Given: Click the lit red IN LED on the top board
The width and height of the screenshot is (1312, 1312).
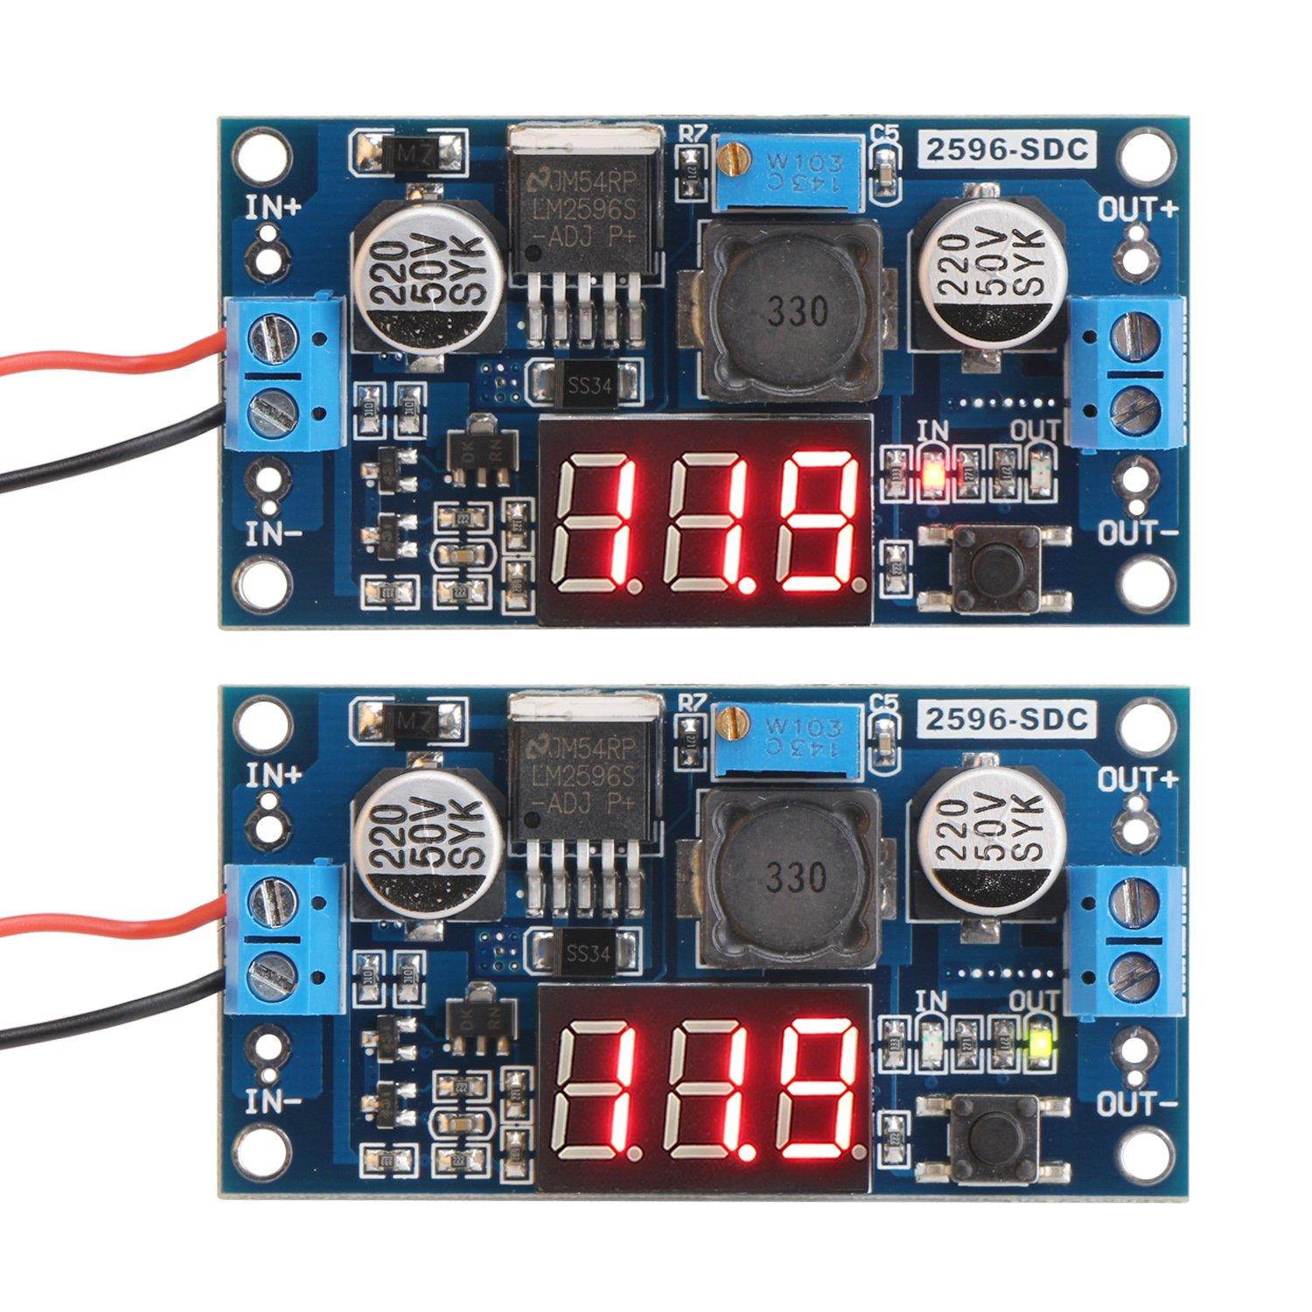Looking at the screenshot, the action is (935, 473).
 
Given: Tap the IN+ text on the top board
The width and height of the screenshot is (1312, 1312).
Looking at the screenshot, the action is (274, 208).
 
